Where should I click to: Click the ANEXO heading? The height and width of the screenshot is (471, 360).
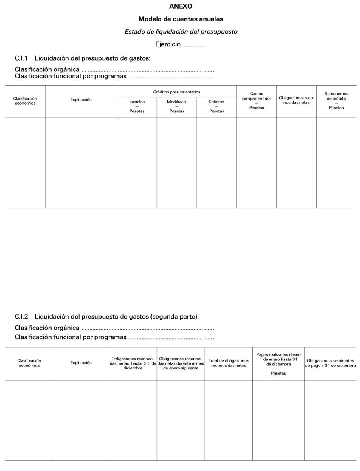[x=180, y=6]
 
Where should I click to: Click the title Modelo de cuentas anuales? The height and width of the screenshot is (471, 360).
[x=181, y=19]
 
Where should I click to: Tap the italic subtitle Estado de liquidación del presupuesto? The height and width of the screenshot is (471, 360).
[x=181, y=32]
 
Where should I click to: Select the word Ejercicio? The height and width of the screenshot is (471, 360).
[x=168, y=44]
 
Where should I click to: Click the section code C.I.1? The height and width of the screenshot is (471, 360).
[x=21, y=58]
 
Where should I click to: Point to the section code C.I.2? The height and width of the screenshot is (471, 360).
[x=21, y=317]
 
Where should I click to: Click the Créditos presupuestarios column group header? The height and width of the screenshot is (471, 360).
[x=177, y=92]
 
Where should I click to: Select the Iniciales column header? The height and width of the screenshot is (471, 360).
[x=137, y=102]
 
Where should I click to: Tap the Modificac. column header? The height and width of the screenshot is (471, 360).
[x=177, y=102]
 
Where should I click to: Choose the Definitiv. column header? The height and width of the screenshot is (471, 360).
[x=217, y=102]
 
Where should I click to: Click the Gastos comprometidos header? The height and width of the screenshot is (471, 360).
[x=257, y=96]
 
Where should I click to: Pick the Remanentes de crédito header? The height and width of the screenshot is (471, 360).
[x=336, y=96]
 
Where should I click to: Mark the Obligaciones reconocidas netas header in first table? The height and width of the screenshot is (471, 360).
[x=297, y=100]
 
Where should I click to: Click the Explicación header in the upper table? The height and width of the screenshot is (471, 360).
[x=81, y=100]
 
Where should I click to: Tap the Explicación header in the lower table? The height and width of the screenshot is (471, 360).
[x=81, y=363]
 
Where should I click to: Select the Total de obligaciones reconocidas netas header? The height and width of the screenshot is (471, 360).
[x=229, y=363]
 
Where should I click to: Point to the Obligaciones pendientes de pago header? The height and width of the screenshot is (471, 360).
[x=330, y=363]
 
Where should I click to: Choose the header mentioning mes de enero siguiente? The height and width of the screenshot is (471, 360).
[x=181, y=363]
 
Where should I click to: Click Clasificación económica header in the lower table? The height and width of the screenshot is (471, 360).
[x=29, y=363]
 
